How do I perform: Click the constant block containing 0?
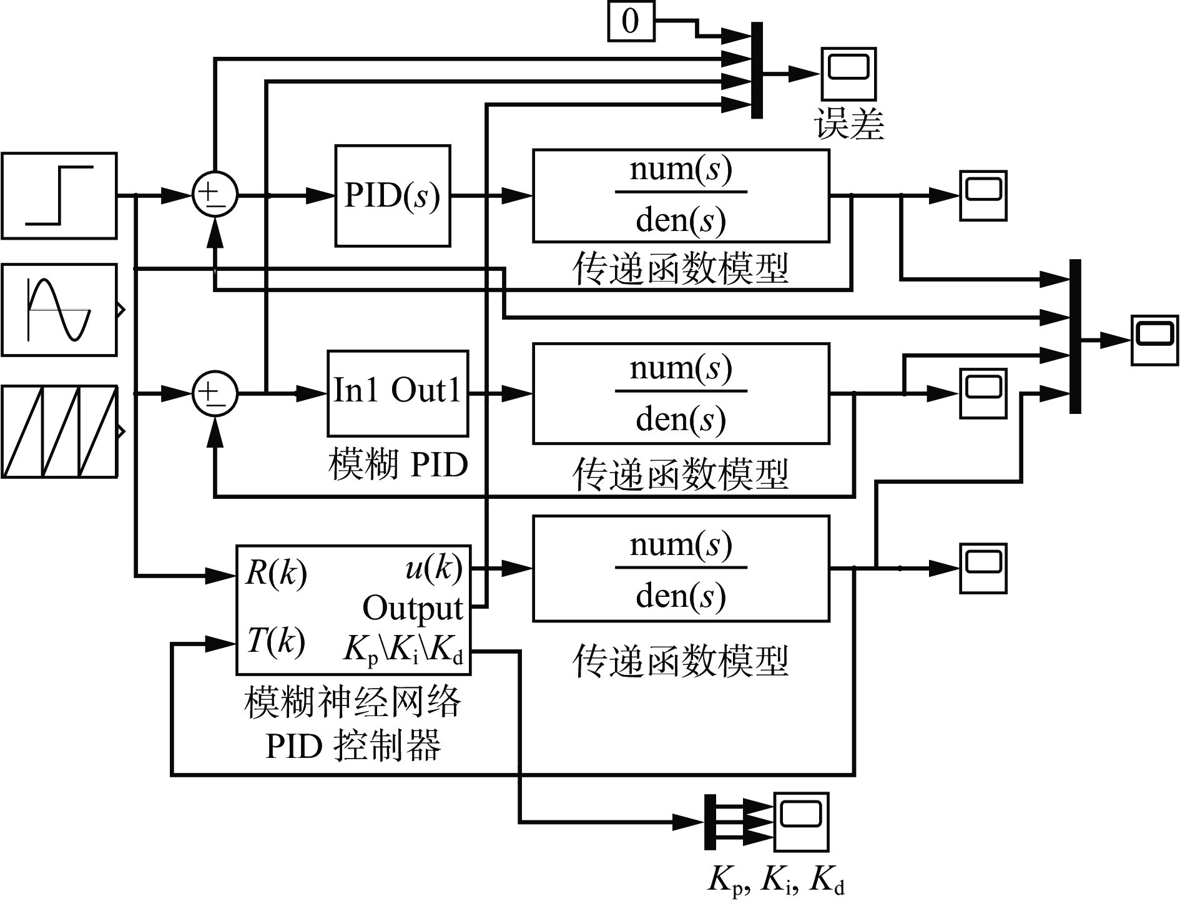click(x=631, y=22)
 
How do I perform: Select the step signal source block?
click(x=59, y=195)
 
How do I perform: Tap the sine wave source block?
click(x=59, y=310)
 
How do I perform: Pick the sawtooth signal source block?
click(x=59, y=431)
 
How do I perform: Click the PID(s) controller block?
click(x=393, y=196)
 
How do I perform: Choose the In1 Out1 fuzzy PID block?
click(x=398, y=393)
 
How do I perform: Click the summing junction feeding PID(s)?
click(x=215, y=195)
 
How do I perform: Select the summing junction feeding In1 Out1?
click(x=215, y=393)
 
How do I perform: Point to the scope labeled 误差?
click(x=848, y=74)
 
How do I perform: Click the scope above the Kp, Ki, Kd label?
click(x=801, y=822)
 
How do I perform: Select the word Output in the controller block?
click(x=413, y=607)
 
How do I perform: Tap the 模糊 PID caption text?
click(x=398, y=465)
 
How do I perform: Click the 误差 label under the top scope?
click(x=850, y=124)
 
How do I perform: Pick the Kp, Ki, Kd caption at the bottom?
click(x=776, y=881)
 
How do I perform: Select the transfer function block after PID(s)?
click(x=681, y=195)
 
